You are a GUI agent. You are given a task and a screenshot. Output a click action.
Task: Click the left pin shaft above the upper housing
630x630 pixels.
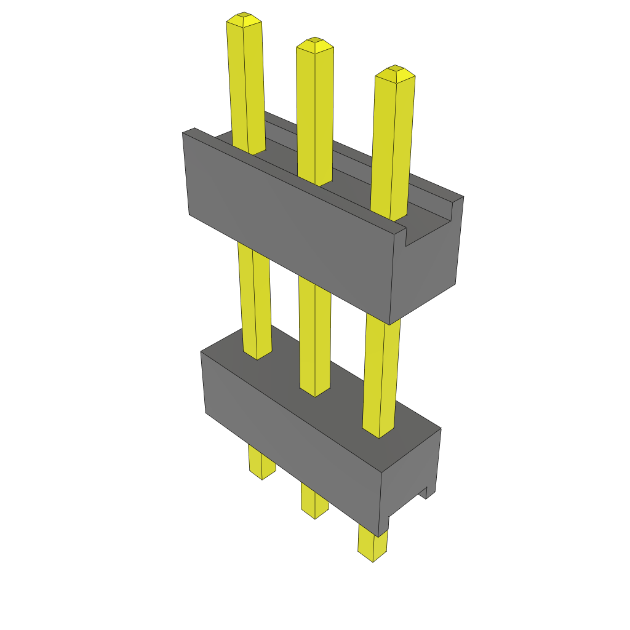pos(247,86)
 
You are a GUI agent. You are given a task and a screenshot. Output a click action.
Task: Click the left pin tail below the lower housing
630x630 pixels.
pos(261,464)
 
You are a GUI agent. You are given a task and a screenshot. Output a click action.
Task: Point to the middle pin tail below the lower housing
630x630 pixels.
pos(314,501)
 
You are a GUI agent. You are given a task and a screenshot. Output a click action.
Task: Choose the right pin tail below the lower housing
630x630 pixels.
pos(372,544)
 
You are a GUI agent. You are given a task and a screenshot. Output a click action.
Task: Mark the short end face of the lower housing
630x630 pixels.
pos(409,480)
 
